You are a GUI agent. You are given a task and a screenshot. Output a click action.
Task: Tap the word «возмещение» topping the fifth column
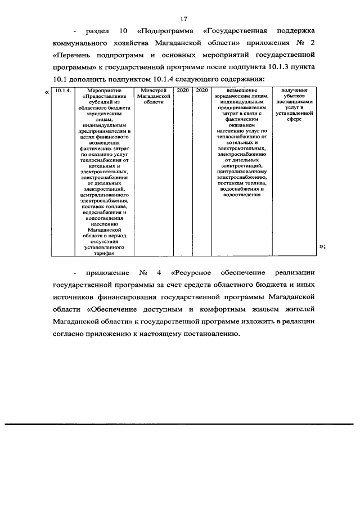pos(242,91)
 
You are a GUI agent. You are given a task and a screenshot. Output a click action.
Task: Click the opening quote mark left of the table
pos(46,92)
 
